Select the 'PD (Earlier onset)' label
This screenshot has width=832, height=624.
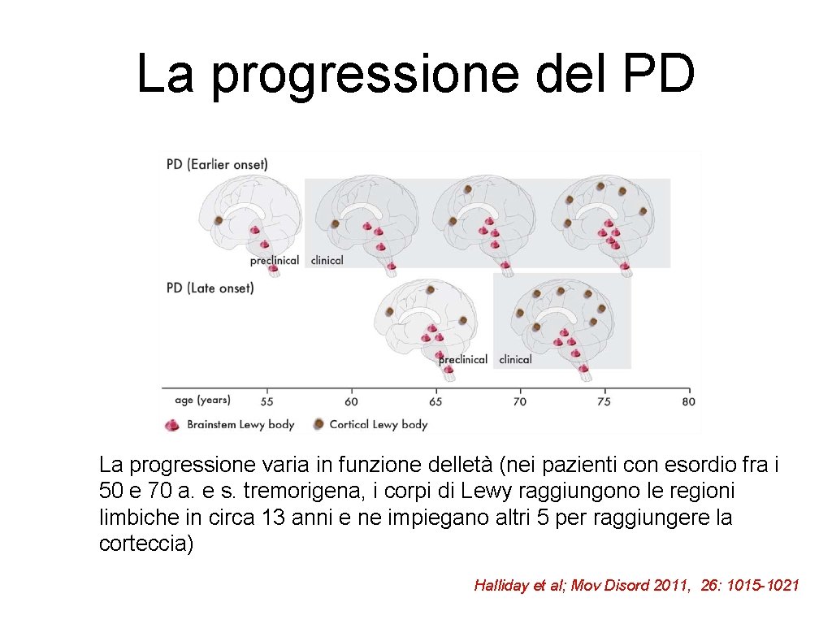[217, 164]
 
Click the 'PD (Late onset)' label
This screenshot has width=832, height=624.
[210, 288]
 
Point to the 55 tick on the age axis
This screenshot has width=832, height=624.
[266, 401]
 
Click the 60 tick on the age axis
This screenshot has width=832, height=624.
[351, 401]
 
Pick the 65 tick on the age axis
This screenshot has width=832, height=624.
[435, 401]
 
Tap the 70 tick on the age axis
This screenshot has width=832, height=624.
[520, 401]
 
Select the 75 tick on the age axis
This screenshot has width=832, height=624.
[604, 401]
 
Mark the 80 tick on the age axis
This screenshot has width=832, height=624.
[688, 401]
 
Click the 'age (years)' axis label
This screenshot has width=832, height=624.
[202, 400]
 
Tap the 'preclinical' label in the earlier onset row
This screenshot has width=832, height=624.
[275, 261]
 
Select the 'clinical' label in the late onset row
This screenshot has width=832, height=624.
[515, 359]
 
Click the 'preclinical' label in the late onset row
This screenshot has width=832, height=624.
[463, 359]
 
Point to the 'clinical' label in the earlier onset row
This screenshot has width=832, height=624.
[327, 261]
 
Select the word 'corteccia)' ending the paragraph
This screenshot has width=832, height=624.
[146, 544]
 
